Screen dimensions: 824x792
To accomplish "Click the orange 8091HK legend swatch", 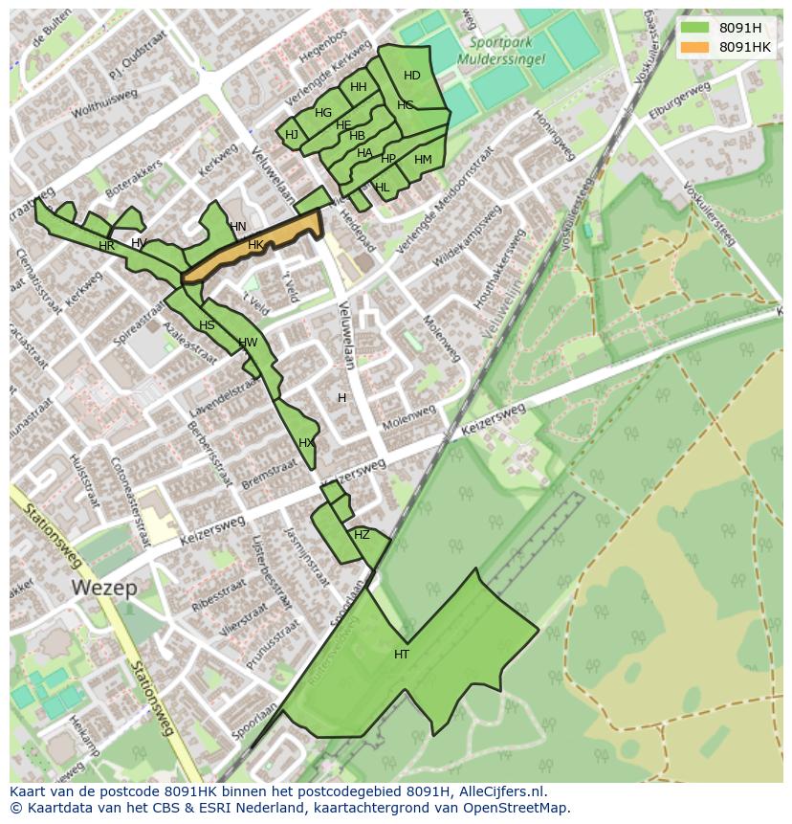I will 695,47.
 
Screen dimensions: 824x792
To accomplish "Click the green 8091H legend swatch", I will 695,28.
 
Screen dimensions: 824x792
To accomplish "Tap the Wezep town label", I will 103,587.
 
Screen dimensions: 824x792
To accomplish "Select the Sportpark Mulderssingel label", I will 507,50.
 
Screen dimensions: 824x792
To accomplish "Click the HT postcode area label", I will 402,655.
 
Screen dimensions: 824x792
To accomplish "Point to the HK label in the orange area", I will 255,245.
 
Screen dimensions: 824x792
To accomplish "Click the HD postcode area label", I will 411,76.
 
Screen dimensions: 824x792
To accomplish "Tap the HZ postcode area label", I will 362,535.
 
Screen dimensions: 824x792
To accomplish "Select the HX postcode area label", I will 306,443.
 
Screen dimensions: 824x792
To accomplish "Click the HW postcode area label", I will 248,343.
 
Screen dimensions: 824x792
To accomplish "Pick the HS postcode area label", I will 207,325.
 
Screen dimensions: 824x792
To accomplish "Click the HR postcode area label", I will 106,246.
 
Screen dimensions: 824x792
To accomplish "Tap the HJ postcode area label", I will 292,135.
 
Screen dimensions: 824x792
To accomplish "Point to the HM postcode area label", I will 423,160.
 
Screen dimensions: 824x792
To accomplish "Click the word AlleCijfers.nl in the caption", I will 502,791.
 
